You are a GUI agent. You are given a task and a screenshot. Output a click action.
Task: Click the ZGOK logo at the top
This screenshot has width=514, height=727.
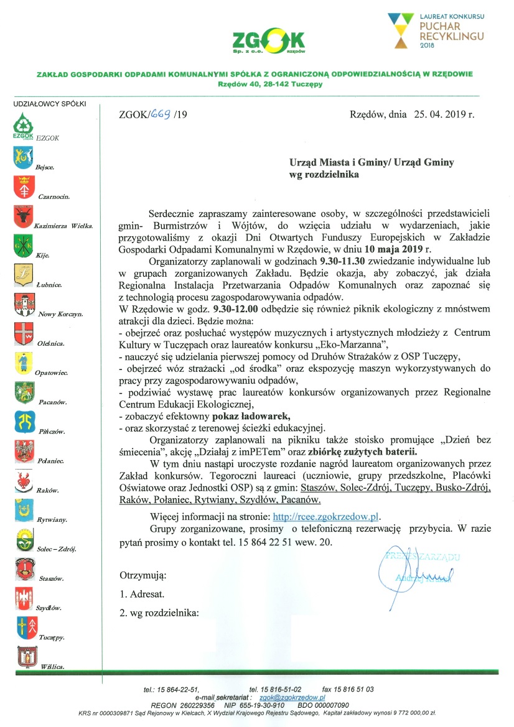pos(268,42)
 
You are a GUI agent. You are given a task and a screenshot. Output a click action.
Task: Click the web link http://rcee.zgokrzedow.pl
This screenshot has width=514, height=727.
pos(327,516)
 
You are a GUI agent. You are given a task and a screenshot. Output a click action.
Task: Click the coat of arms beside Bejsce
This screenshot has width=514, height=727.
pos(22,158)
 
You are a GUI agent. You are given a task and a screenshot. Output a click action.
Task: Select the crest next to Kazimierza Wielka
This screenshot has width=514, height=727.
pos(22,216)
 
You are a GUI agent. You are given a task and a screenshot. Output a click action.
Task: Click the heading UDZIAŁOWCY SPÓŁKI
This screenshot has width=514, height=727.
pos(50,104)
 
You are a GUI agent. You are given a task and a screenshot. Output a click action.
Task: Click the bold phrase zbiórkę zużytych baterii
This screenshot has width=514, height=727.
pos(363,451)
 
